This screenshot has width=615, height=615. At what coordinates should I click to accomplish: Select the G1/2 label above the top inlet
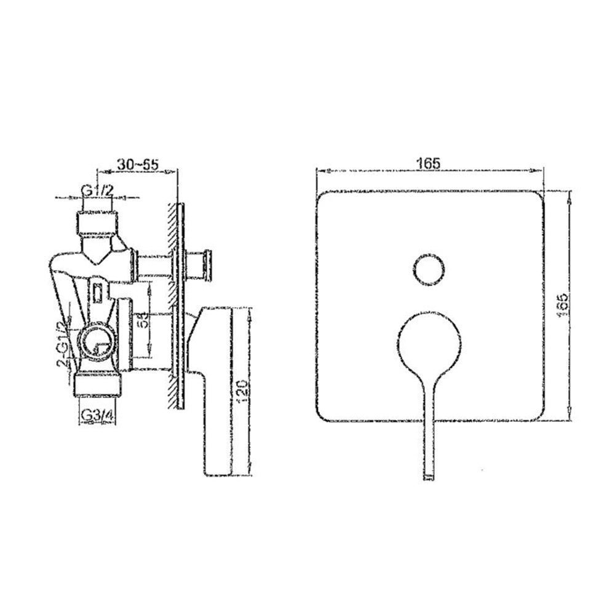98,190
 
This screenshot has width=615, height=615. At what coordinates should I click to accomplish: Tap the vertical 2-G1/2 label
62,344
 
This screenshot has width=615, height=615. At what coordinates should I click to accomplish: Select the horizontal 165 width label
430,163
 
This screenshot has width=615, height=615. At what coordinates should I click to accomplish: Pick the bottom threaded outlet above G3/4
98,384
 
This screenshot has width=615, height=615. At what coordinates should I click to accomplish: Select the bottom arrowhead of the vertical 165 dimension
570,418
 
